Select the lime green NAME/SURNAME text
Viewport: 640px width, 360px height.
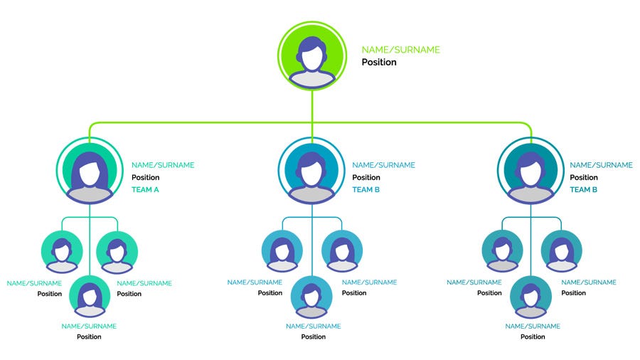click(x=400, y=50)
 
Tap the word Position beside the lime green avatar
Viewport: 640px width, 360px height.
click(x=379, y=63)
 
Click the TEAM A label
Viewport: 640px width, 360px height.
click(x=145, y=190)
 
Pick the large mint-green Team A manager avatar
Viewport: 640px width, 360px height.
click(x=90, y=171)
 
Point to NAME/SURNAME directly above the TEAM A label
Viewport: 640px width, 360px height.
click(x=162, y=165)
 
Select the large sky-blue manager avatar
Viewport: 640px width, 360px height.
click(x=311, y=171)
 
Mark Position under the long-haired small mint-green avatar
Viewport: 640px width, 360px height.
click(x=89, y=337)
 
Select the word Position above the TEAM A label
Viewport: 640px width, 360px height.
click(x=145, y=178)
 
